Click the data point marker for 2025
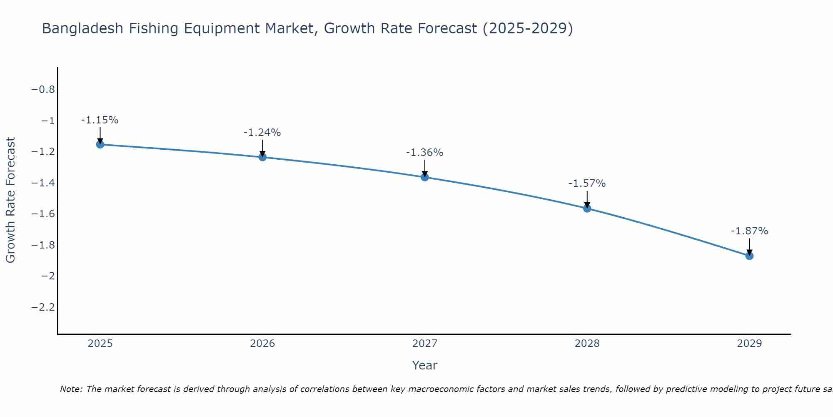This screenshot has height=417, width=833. pyautogui.click(x=100, y=144)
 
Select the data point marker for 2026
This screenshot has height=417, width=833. pyautogui.click(x=262, y=157)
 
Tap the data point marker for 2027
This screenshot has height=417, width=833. pyautogui.click(x=425, y=177)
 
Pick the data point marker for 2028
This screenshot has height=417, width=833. pyautogui.click(x=587, y=208)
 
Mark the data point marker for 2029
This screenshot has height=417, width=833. pyautogui.click(x=749, y=256)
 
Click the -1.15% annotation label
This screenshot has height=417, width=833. pyautogui.click(x=100, y=120)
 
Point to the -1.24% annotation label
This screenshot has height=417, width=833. pyautogui.click(x=262, y=133)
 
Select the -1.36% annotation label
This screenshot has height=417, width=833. pyautogui.click(x=424, y=153)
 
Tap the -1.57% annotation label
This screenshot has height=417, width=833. pyautogui.click(x=587, y=183)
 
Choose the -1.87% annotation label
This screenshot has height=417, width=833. pyautogui.click(x=749, y=231)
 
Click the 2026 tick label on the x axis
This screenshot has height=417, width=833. pyautogui.click(x=262, y=344)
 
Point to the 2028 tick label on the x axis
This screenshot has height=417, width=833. pyautogui.click(x=587, y=344)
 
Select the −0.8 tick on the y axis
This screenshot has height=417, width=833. pyautogui.click(x=43, y=90)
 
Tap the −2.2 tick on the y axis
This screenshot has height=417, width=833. pyautogui.click(x=43, y=307)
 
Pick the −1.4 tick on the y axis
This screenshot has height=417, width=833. pyautogui.click(x=43, y=183)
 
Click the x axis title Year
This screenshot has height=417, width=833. pyautogui.click(x=424, y=365)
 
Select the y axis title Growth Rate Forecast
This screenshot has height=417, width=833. pyautogui.click(x=11, y=200)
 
